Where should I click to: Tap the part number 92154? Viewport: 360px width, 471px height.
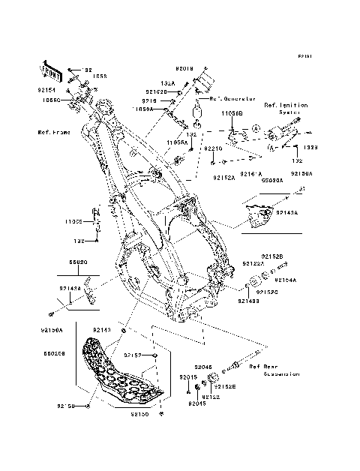[47, 88]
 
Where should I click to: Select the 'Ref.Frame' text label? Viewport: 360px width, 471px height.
[53, 132]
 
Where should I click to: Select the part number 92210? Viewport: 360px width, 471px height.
[214, 149]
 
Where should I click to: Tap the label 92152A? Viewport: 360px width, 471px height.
[203, 178]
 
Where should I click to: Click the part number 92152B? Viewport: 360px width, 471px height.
[272, 256]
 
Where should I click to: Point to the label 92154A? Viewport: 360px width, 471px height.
[286, 280]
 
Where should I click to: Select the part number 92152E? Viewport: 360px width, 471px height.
[226, 386]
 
